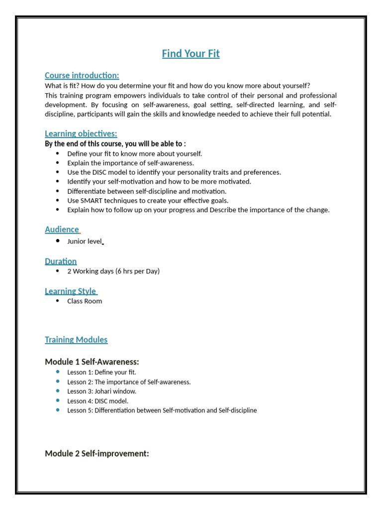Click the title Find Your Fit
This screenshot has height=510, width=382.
click(191, 54)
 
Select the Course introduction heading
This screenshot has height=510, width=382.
click(82, 76)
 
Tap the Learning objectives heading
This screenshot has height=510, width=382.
click(81, 133)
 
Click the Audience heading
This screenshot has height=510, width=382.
click(62, 230)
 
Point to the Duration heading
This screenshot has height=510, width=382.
click(61, 261)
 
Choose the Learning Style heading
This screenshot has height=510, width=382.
click(71, 291)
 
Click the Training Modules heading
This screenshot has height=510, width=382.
click(76, 340)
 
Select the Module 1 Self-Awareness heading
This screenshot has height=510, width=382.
click(92, 362)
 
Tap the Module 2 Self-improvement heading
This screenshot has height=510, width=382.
click(97, 453)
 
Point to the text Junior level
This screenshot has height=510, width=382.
click(85, 242)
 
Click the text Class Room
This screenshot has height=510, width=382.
click(85, 301)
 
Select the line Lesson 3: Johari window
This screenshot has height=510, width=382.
click(101, 391)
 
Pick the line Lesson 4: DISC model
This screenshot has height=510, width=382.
click(97, 401)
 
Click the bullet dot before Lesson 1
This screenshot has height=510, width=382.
click(58, 372)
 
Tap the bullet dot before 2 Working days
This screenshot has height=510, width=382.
click(58, 271)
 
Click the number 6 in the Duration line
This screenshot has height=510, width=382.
click(119, 271)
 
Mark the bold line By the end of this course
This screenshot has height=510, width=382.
click(115, 144)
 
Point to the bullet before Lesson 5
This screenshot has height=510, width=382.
click(58, 410)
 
